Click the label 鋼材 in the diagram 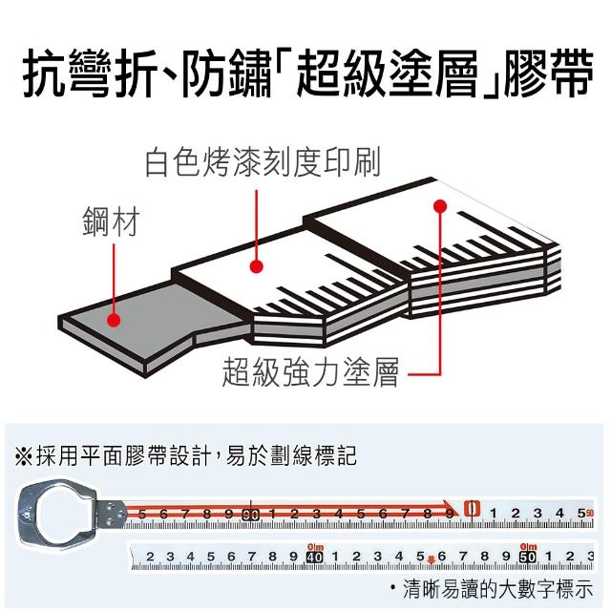pyautogui.click(x=109, y=225)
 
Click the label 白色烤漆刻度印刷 pyautogui.click(x=263, y=162)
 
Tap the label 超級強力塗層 pyautogui.click(x=309, y=370)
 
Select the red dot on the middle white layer pyautogui.click(x=256, y=266)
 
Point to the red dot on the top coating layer pyautogui.click(x=440, y=205)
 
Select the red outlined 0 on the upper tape pyautogui.click(x=471, y=511)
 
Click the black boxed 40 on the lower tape pyautogui.click(x=316, y=557)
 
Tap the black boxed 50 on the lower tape pyautogui.click(x=527, y=557)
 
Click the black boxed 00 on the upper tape pyautogui.click(x=251, y=515)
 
